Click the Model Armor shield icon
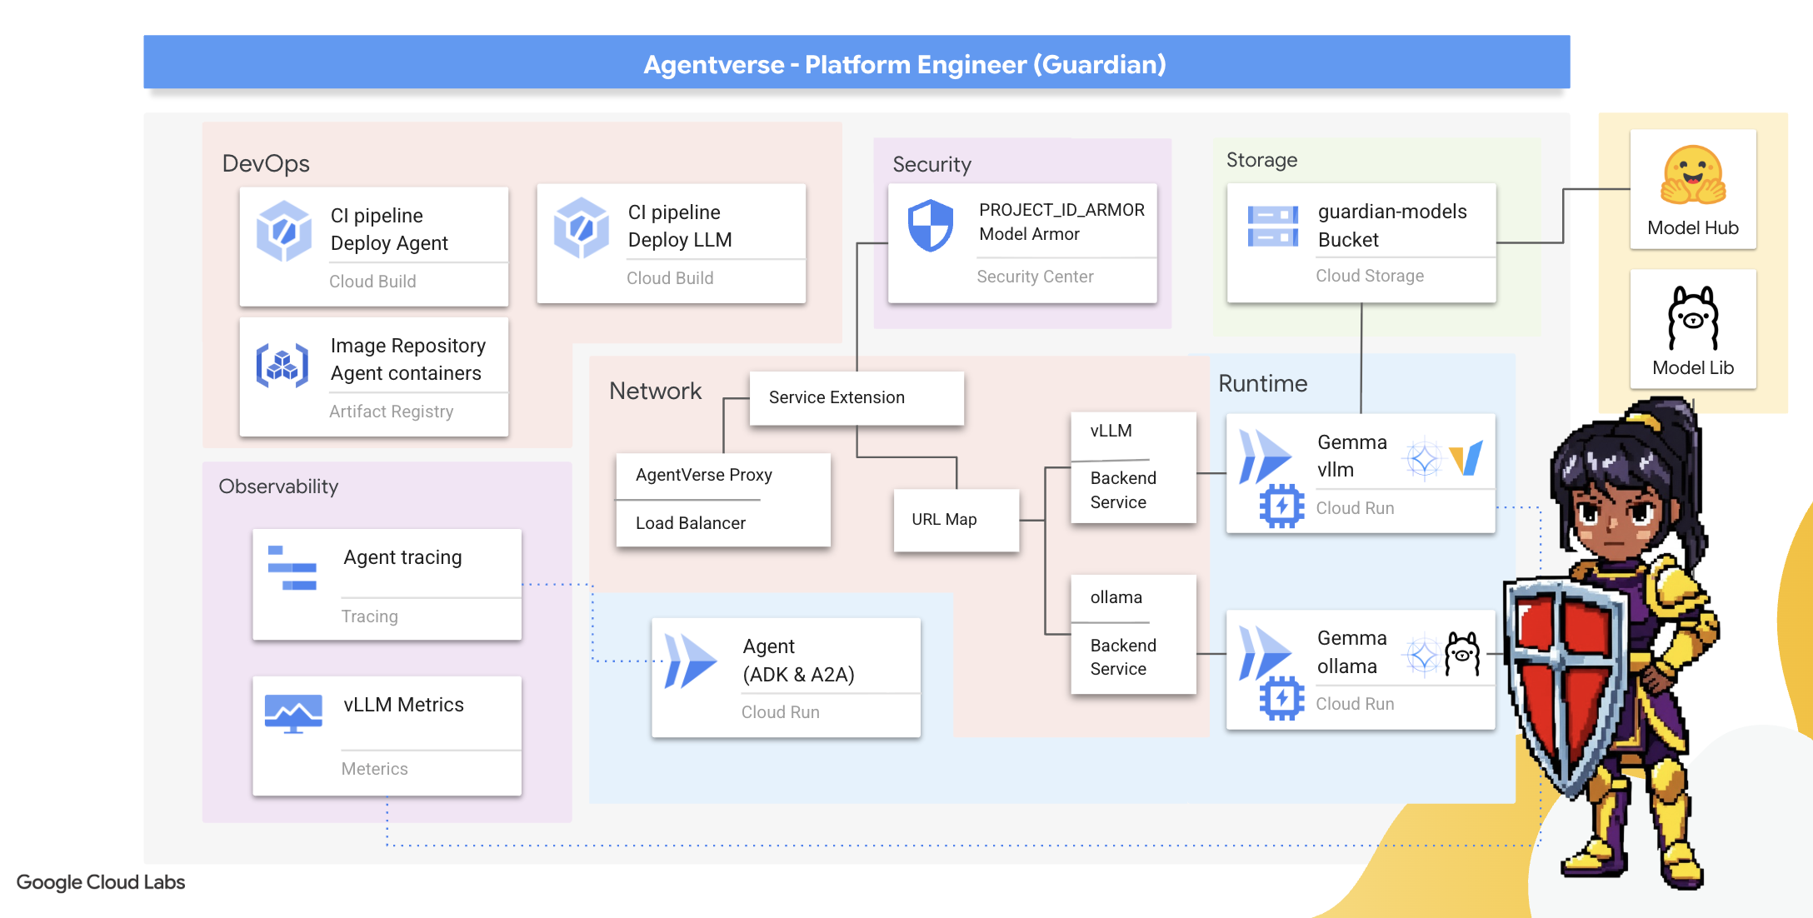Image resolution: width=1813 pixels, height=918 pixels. (930, 225)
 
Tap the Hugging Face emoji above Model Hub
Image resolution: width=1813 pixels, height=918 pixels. (1693, 175)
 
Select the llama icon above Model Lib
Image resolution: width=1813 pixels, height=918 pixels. (1693, 317)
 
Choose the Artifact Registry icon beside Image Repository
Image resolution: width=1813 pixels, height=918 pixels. (282, 365)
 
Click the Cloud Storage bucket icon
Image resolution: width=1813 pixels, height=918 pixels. (1272, 226)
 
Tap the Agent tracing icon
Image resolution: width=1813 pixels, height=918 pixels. (292, 568)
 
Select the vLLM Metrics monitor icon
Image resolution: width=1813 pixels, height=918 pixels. (293, 713)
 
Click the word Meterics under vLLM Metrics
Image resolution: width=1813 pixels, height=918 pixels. (374, 769)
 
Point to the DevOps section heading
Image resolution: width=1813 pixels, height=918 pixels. (266, 163)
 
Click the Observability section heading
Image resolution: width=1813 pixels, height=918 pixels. (278, 486)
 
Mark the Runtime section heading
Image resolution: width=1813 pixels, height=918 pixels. (1262, 383)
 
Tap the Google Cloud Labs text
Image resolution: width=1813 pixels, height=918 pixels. (101, 882)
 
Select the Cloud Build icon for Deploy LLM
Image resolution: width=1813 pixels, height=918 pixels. (581, 227)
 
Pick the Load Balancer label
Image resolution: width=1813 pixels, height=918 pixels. (690, 523)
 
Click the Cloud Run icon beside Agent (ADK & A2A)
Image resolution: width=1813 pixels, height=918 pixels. (690, 661)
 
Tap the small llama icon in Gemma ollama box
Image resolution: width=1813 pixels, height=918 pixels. (1462, 654)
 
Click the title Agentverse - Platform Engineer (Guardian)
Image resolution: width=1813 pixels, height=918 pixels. (904, 64)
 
